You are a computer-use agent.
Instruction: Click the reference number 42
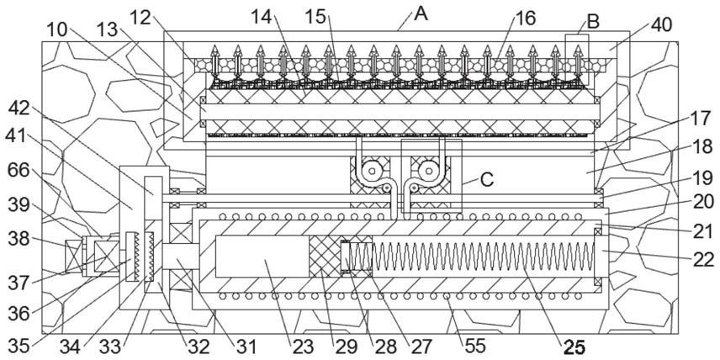(x=19, y=109)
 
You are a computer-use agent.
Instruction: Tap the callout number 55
(x=474, y=347)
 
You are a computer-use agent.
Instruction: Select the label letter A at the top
(x=421, y=13)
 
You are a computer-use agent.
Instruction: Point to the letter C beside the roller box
(x=487, y=181)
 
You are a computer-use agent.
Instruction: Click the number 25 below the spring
(x=574, y=348)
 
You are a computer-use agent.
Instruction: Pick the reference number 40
(x=661, y=26)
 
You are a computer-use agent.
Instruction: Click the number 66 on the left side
(x=19, y=172)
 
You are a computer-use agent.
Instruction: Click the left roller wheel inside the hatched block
(x=372, y=171)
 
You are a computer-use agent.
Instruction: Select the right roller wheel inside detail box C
(x=428, y=171)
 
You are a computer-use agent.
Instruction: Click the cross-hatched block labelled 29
(x=325, y=257)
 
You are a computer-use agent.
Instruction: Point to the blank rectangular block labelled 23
(x=262, y=257)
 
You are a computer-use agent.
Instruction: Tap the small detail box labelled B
(x=577, y=59)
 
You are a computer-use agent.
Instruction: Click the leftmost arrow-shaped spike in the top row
(x=214, y=59)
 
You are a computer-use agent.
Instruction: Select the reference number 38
(x=19, y=239)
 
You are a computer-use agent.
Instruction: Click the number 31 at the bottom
(x=246, y=347)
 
